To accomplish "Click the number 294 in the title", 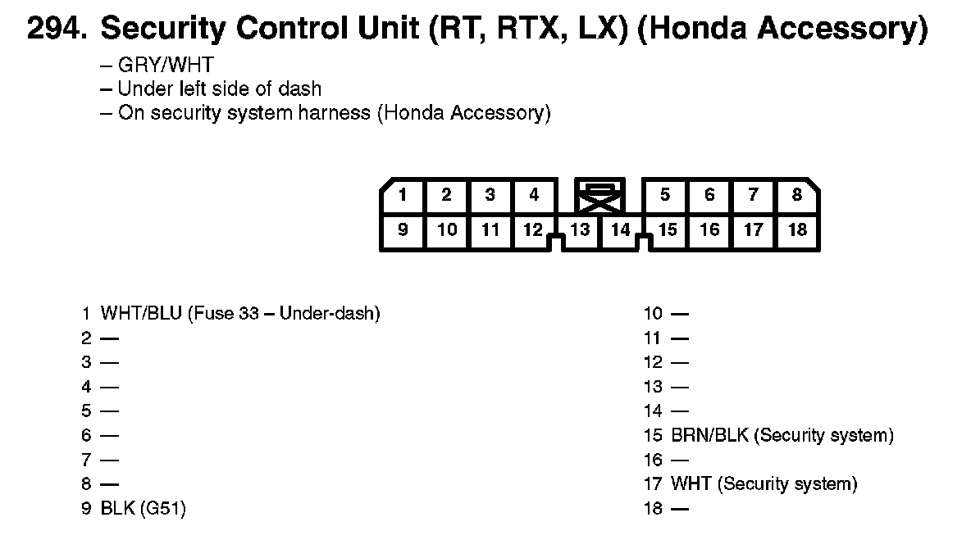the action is pos(56,29).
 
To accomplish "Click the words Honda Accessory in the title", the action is pos(782,29).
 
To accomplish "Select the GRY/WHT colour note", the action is pos(166,65).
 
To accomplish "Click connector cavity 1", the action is pos(403,196).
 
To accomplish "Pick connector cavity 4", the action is pos(534,196).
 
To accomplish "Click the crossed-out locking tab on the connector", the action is pos(599,195).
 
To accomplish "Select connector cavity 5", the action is pos(665,196).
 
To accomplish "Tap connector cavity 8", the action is pos(797,196).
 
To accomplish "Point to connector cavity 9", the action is pos(403,231).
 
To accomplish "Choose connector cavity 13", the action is pos(580,231).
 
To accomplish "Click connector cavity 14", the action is pos(621,231).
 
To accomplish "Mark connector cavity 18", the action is pos(798,231).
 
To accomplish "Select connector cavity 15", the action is pos(667,231).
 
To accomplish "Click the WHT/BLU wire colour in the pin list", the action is pos(141,313).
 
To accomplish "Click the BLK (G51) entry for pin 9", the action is pos(143,508).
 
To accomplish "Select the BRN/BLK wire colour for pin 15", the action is pos(710,435).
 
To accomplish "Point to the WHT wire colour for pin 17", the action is pos(691,483).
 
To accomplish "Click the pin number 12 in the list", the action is pos(653,362).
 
